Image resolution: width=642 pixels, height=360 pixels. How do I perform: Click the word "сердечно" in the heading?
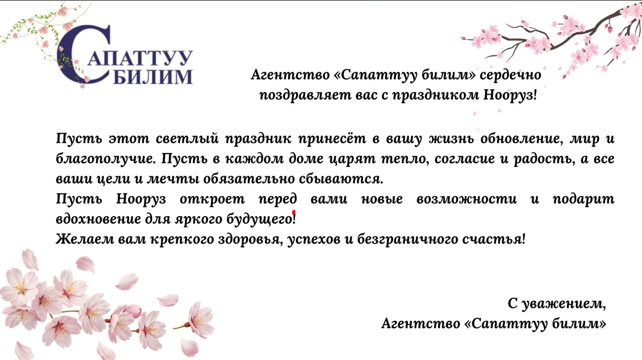[x=510, y=75]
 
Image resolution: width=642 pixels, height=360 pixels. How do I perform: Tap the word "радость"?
[x=544, y=159]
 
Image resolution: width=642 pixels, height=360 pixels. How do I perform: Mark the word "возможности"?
[x=467, y=199]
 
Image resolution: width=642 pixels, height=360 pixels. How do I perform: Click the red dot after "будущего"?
[x=294, y=212]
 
